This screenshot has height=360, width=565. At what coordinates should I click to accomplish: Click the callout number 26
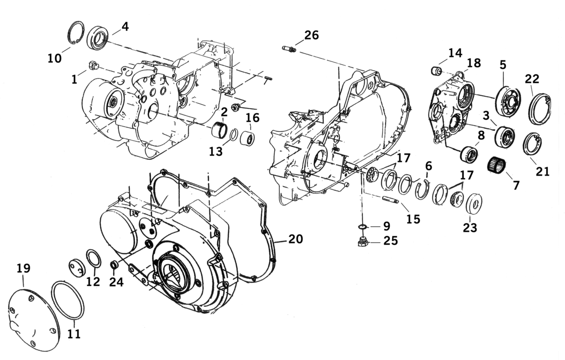(x=311, y=35)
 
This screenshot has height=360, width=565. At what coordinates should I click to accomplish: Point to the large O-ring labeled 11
(x=68, y=300)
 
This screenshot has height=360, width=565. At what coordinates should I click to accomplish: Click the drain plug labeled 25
(x=363, y=242)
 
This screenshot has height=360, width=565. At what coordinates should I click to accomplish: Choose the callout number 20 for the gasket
(x=296, y=239)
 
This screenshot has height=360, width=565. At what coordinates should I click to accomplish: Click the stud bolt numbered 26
(x=290, y=49)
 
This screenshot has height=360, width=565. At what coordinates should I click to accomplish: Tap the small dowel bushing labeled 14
(x=436, y=70)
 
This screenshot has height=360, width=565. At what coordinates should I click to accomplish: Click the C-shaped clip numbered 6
(x=423, y=188)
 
